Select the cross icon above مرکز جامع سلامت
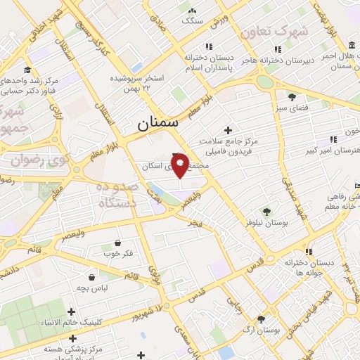coord(227,130)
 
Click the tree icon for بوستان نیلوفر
coord(266,211)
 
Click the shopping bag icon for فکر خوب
coord(117,243)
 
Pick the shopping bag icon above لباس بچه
coord(92,277)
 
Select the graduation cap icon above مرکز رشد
coord(27,70)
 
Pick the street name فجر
coord(195,223)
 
